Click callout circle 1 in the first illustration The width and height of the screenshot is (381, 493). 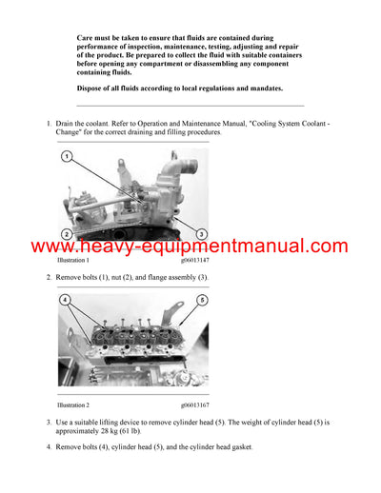(66, 155)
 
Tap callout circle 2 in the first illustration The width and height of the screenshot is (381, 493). (66, 234)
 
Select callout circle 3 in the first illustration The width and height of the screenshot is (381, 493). (202, 234)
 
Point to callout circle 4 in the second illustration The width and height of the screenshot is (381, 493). (66, 301)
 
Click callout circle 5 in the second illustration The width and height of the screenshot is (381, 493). (202, 301)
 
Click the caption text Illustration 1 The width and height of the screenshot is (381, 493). (73, 260)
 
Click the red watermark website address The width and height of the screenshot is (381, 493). (190, 246)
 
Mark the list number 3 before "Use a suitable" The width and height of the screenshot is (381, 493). (49, 420)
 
